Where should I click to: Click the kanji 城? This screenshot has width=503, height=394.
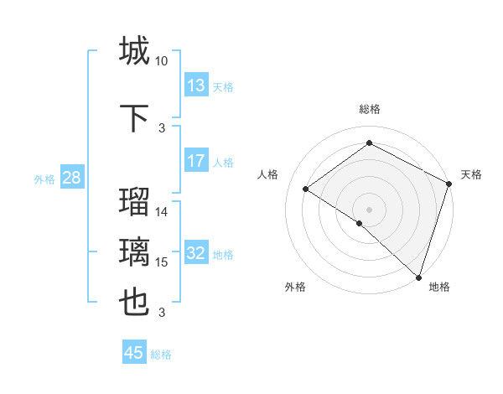134,50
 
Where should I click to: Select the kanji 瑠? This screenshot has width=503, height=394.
134,201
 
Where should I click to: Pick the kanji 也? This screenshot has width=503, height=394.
134,302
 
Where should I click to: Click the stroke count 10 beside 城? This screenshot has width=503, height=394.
162,61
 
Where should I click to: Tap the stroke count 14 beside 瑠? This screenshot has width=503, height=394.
162,212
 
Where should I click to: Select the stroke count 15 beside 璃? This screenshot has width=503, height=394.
162,262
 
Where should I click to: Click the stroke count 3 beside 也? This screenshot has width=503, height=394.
162,313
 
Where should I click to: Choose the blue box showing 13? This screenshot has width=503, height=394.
196,86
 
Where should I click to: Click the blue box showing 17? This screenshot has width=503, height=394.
196,161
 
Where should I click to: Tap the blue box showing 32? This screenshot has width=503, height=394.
196,253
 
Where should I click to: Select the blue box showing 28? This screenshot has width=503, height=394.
71,178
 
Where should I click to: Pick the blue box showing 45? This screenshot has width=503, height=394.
134,353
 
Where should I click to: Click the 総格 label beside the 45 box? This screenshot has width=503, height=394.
161,355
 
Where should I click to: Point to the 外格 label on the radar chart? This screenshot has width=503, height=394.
295,287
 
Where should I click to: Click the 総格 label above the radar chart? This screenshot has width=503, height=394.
369,109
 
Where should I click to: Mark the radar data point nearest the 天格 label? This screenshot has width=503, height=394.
449,184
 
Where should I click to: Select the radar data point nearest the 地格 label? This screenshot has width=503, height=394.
418,277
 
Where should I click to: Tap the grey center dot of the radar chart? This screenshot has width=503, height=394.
369,209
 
